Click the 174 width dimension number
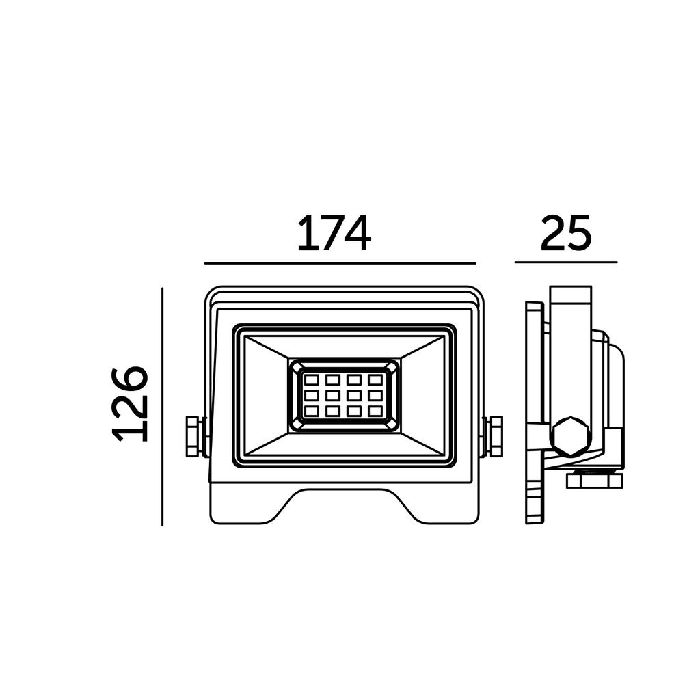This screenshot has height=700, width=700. tap(334, 234)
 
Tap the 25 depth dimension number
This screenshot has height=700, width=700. tap(565, 232)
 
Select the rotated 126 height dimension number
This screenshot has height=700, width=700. tap(130, 405)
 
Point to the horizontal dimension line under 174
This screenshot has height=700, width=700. tap(340, 263)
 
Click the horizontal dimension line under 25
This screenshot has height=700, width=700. tap(566, 262)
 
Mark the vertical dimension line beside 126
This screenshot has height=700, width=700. tap(163, 407)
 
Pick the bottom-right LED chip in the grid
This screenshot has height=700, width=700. tap(375, 411)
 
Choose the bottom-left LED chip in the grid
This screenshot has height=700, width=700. tap(311, 411)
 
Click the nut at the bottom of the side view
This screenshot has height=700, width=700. tap(595, 481)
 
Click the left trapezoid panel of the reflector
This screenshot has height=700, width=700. tap(267, 396)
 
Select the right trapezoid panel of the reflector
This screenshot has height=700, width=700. tap(422, 396)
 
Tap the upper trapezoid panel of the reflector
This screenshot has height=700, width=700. tap(345, 347)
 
